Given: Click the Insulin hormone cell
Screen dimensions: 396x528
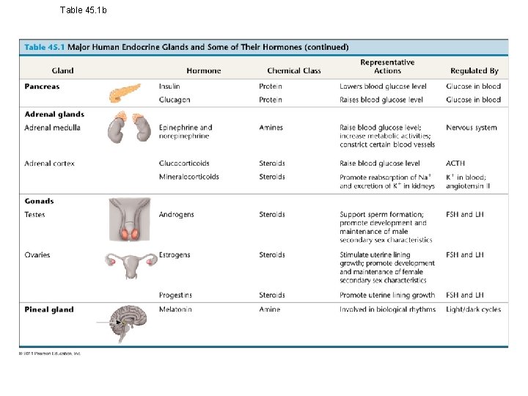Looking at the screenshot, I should click(x=169, y=87).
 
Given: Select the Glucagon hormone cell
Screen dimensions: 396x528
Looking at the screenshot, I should click(x=175, y=100).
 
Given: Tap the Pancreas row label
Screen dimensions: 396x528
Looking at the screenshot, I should click(x=42, y=87).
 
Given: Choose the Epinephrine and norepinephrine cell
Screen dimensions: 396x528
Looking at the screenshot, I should click(x=186, y=132).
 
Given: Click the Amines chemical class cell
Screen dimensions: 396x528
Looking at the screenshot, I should click(x=271, y=128).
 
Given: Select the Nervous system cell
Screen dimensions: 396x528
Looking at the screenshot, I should click(x=471, y=128).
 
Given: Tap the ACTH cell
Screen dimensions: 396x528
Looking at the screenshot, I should click(x=455, y=164).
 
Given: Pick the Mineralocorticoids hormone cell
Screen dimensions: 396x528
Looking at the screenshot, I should click(x=188, y=177).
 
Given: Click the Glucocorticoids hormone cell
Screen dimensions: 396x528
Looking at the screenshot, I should click(x=184, y=164).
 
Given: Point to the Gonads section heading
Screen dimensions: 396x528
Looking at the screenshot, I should click(x=39, y=201).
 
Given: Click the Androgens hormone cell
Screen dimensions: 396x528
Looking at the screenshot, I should click(x=176, y=215).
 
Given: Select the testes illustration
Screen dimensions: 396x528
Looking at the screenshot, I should click(x=130, y=219).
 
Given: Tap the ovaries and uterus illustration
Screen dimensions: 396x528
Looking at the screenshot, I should click(x=130, y=263).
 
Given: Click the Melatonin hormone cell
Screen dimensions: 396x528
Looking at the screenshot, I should click(x=175, y=309).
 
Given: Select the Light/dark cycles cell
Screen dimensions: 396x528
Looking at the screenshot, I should click(x=473, y=309).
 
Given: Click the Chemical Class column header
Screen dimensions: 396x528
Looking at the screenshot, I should click(x=294, y=71).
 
